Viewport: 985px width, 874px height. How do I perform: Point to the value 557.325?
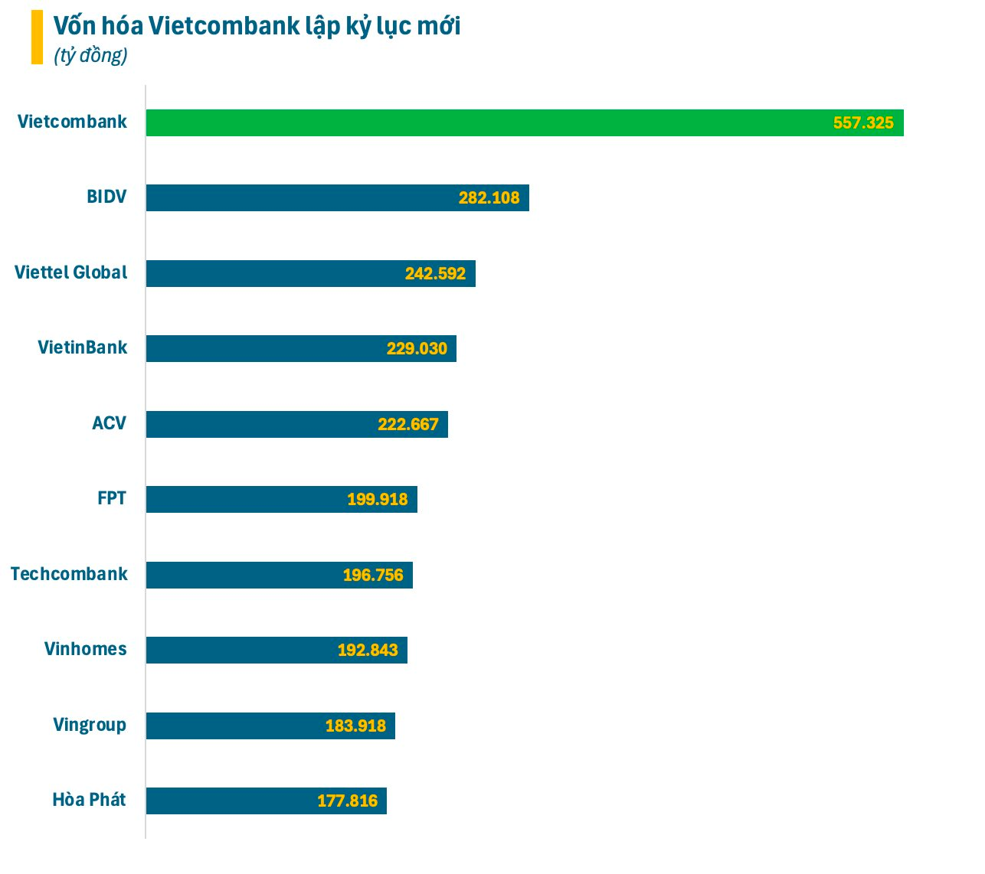coord(863,123)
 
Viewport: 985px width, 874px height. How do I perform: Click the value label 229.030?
coord(417,349)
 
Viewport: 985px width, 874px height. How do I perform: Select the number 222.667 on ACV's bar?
coord(408,425)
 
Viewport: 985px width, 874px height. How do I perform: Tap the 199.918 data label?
coord(378,500)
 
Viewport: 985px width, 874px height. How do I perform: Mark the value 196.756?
coord(373,576)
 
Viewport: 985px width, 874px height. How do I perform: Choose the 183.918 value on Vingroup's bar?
coord(356,726)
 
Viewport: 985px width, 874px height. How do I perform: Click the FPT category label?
coord(112,498)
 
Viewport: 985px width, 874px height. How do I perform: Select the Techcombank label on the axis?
coord(69,574)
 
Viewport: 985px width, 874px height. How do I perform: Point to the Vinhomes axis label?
coord(85,649)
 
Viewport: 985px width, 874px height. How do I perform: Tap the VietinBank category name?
coord(83,347)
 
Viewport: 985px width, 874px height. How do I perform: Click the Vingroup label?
coord(90,725)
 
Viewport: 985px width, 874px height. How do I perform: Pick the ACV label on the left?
coord(109,423)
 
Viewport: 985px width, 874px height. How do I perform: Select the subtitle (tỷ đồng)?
coord(90,55)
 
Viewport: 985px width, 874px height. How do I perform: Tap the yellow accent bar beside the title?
coord(37,37)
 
